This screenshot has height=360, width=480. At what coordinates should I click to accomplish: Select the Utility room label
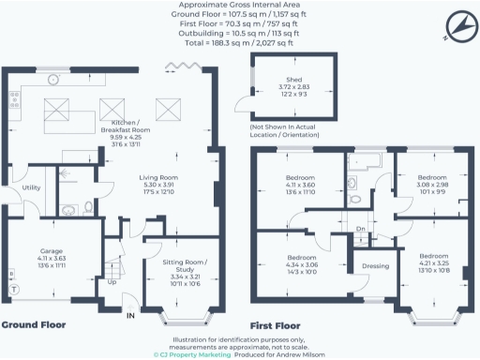point(30,188)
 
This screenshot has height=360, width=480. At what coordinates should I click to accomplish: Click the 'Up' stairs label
point(113,281)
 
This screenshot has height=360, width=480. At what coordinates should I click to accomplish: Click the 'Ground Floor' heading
point(33,325)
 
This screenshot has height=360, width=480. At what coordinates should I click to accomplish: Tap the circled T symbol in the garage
point(13,290)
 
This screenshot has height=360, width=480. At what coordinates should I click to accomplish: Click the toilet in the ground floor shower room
point(88,207)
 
